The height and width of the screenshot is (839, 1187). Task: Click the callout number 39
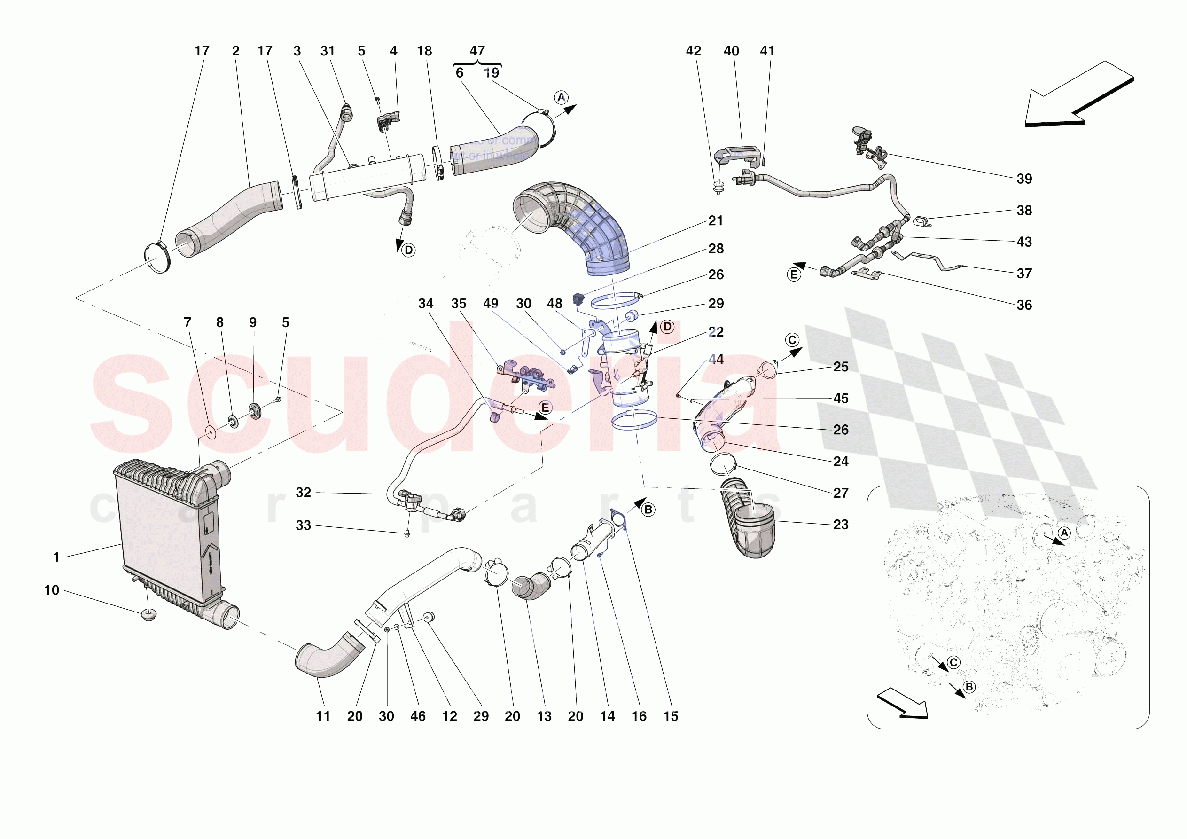coord(1023,179)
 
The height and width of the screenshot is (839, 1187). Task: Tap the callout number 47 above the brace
coord(476,51)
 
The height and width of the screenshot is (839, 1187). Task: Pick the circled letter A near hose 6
coord(561,97)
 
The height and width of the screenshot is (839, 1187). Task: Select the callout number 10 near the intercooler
coord(52,590)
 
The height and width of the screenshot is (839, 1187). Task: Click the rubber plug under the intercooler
coord(149,615)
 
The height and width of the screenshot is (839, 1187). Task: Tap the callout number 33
coord(304,525)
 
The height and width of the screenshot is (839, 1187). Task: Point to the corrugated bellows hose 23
coord(750,522)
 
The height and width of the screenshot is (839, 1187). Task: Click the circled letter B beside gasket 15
coord(648,510)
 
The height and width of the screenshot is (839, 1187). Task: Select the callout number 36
coord(1023,305)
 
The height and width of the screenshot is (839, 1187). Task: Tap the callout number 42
coord(693,51)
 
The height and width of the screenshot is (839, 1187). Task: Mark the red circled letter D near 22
coord(667,327)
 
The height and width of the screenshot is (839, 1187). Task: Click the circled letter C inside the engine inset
coord(953,663)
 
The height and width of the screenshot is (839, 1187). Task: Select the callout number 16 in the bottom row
coord(639,716)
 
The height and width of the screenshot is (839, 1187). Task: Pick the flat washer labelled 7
coord(211,432)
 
